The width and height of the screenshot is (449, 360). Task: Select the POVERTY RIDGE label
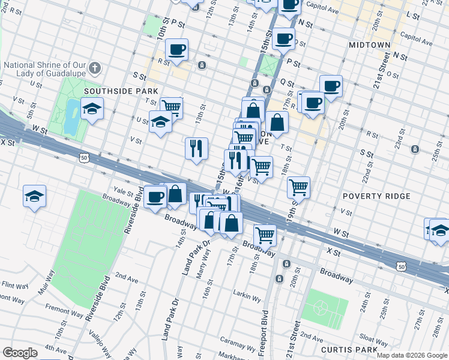(376, 196)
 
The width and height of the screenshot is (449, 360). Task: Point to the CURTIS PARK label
(349, 349)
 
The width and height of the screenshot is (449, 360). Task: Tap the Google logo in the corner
(20, 353)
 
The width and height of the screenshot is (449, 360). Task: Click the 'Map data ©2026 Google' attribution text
(412, 355)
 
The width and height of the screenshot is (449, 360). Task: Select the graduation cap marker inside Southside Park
(91, 109)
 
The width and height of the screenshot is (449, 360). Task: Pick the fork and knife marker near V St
(196, 149)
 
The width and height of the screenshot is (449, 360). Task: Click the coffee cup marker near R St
(176, 50)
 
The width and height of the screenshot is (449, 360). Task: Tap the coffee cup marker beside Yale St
(155, 197)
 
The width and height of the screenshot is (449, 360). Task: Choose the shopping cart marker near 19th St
(298, 188)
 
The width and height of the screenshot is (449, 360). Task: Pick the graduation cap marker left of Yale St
(35, 196)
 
